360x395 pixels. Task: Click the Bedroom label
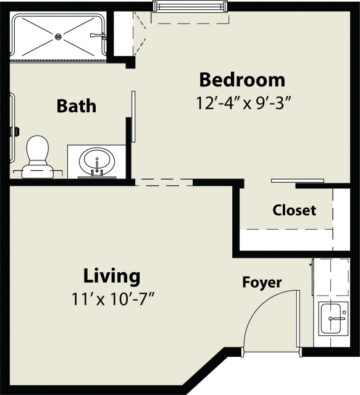[242, 80]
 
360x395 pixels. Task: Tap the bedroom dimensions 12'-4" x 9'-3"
[243, 103]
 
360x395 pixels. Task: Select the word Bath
[77, 106]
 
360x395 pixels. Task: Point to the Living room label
[112, 276]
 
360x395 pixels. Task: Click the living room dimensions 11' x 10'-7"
[112, 299]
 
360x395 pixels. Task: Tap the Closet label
[294, 210]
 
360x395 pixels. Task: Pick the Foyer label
[262, 283]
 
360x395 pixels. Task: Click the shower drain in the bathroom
[58, 37]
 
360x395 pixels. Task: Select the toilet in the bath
[38, 157]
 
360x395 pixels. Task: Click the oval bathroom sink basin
[97, 162]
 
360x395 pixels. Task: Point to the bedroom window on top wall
[190, 6]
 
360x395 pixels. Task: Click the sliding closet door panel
[298, 181]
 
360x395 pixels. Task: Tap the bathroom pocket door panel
[133, 117]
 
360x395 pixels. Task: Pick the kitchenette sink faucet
[338, 318]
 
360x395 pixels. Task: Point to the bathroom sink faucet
[97, 167]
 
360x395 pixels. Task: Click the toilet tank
[38, 173]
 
